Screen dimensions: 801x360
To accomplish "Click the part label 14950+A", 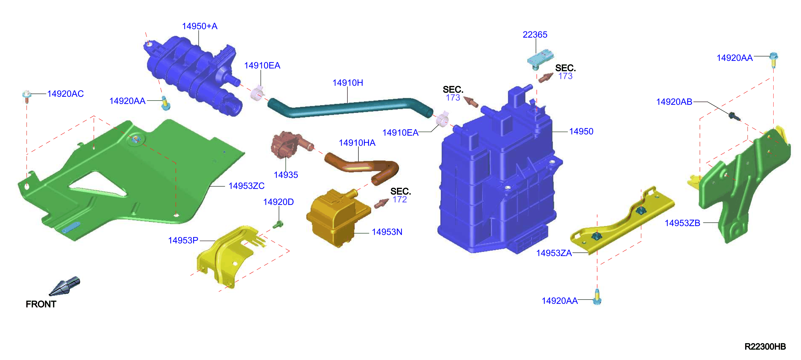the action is tap(200, 26).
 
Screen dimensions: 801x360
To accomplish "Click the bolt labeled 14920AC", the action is tap(27, 96).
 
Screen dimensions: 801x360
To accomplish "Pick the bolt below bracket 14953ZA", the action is tap(597, 297).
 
